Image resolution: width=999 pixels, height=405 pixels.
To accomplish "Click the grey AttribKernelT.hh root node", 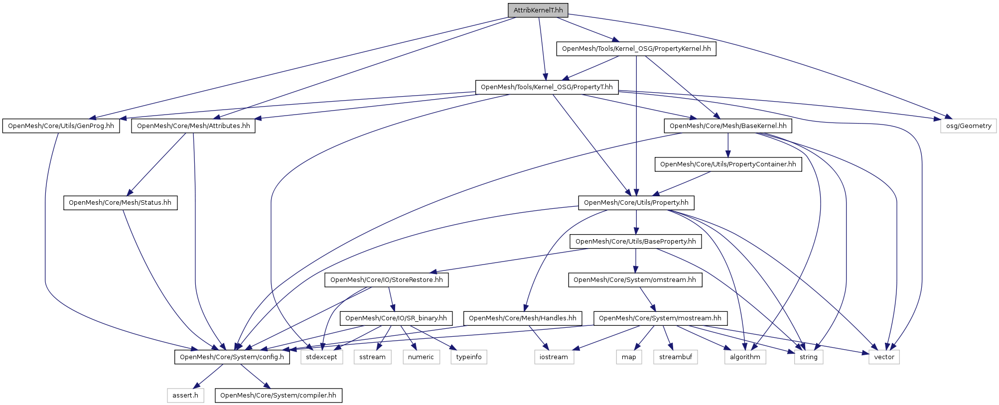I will tap(538, 10).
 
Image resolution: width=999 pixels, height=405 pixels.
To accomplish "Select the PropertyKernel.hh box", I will tap(636, 49).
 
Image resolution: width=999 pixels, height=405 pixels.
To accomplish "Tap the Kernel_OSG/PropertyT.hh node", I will tap(547, 87).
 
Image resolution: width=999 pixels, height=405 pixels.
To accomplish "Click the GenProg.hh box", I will tap(61, 126).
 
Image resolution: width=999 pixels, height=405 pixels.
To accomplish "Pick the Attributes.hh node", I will tap(193, 126).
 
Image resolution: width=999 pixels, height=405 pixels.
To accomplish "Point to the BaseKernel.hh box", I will tap(727, 126).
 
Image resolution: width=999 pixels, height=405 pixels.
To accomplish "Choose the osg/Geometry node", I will tap(968, 126).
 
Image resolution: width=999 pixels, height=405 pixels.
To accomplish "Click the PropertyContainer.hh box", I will tap(728, 164).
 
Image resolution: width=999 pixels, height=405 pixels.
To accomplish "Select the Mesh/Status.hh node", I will tap(120, 203).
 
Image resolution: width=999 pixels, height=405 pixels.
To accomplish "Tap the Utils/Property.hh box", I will tap(636, 203).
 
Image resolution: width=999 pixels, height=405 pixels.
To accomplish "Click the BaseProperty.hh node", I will tap(635, 242).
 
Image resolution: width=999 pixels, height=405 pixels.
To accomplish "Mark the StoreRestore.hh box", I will tap(386, 280).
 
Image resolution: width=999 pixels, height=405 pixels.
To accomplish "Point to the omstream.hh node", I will tap(634, 280).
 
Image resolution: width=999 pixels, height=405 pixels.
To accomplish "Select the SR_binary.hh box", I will tap(396, 318).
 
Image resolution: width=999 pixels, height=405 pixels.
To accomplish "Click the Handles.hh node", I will tap(522, 318).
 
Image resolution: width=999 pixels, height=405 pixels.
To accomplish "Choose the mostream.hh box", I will tap(660, 318).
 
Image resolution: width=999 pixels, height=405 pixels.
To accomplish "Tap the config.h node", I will tap(232, 357).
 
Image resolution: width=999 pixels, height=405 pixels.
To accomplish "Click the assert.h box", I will tap(185, 396).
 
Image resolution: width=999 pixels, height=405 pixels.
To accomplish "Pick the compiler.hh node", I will tap(278, 396).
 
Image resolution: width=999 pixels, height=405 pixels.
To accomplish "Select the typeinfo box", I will tap(468, 357).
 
